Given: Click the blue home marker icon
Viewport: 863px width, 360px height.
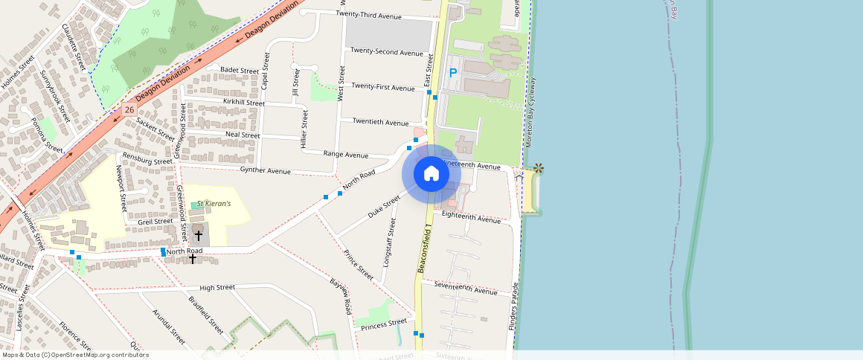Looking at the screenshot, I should pyautogui.click(x=431, y=174).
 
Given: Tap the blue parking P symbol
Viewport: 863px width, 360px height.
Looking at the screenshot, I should pyautogui.click(x=452, y=74).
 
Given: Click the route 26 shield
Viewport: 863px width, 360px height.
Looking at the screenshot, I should pyautogui.click(x=129, y=109).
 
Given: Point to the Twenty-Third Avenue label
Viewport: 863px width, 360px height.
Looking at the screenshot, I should pyautogui.click(x=368, y=15).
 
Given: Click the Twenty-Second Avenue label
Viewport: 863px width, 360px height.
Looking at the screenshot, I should pyautogui.click(x=387, y=53).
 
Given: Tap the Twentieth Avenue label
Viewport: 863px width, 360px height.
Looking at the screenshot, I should pyautogui.click(x=380, y=122).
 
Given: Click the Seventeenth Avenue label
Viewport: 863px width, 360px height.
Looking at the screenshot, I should pyautogui.click(x=466, y=289).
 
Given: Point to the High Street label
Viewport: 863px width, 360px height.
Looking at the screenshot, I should pyautogui.click(x=217, y=287).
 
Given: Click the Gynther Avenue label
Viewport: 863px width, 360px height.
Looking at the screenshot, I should pyautogui.click(x=265, y=171).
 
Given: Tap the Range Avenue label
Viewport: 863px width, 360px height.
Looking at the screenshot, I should pyautogui.click(x=346, y=155).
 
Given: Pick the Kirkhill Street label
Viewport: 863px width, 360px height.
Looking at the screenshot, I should pyautogui.click(x=243, y=102).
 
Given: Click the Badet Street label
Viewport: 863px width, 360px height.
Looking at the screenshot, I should pyautogui.click(x=239, y=71).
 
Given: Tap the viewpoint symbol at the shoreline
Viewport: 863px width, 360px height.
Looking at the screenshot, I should pyautogui.click(x=539, y=169).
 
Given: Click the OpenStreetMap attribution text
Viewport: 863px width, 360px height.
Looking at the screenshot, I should pyautogui.click(x=76, y=355).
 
